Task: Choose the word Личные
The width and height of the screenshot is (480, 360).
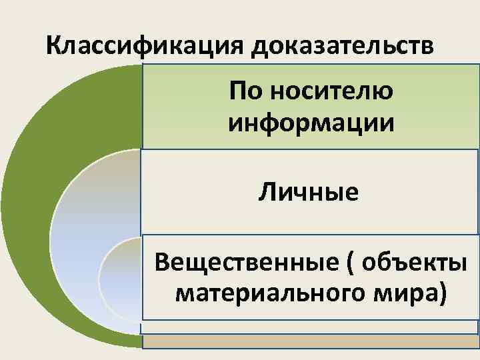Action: coord(311,193)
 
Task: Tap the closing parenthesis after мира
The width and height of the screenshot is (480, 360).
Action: coord(441,294)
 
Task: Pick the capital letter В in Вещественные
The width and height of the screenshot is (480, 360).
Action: coord(161,263)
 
